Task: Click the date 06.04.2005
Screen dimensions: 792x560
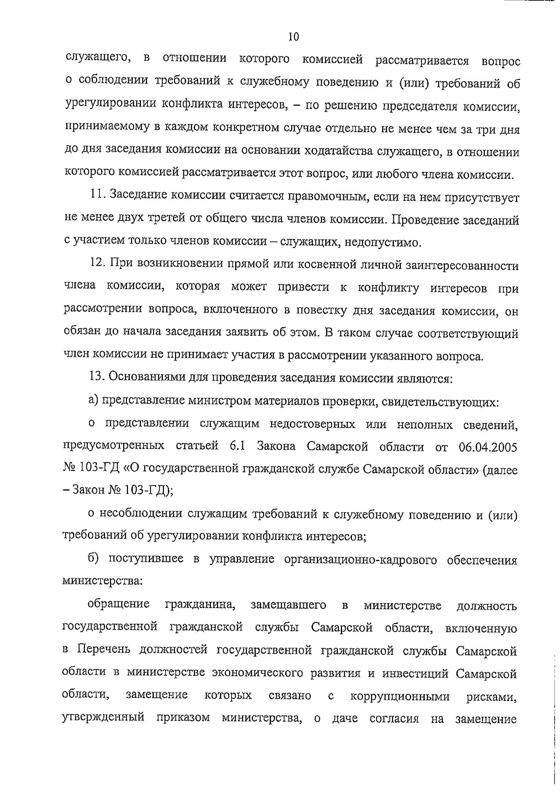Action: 488,446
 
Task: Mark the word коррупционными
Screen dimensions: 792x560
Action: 399,696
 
